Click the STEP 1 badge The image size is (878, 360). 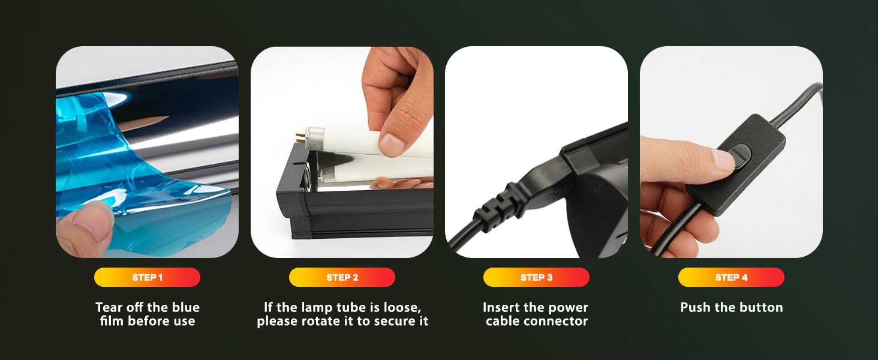pyautogui.click(x=147, y=277)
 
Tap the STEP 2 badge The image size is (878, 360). pyautogui.click(x=342, y=277)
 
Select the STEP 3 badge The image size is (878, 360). pyautogui.click(x=536, y=277)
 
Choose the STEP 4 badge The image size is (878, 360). pyautogui.click(x=731, y=277)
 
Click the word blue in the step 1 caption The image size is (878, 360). pyautogui.click(x=185, y=307)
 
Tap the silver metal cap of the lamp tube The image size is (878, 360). pyautogui.click(x=314, y=139)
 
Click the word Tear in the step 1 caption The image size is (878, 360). pyautogui.click(x=109, y=307)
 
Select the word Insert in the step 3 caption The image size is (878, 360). pyautogui.click(x=501, y=307)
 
